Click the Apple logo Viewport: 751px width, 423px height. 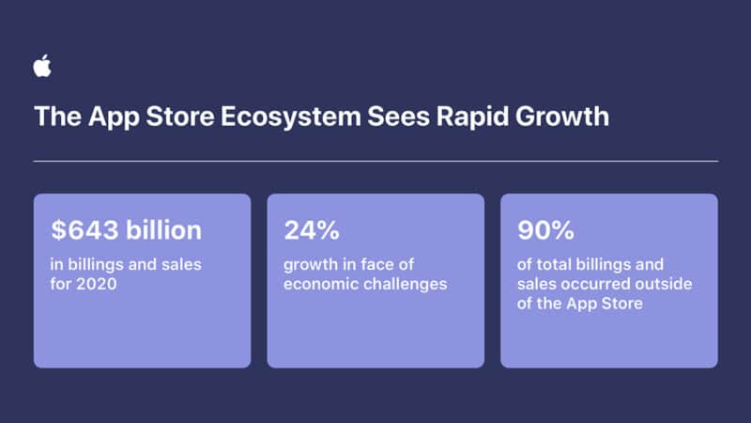coord(42,66)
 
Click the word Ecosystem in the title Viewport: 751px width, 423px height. coord(287,117)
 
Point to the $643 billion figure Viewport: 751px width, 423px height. coord(127,230)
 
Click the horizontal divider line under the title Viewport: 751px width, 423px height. coord(375,162)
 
